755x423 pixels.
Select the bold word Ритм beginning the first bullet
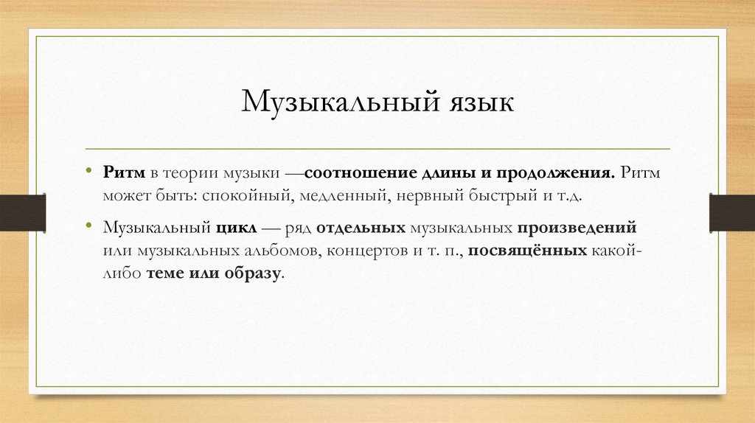[125, 172]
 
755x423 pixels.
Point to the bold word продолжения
[557, 172]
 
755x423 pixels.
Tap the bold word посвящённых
[525, 251]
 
